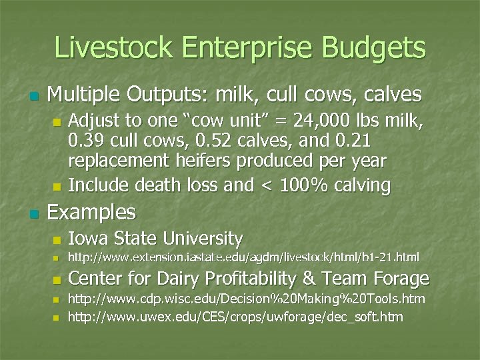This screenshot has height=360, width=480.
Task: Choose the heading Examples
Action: coord(91,213)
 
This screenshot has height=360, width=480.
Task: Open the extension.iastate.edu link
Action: coord(244,257)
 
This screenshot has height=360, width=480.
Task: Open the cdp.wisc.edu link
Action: coord(247,299)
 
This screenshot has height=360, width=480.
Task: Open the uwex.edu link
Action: coord(235,317)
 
